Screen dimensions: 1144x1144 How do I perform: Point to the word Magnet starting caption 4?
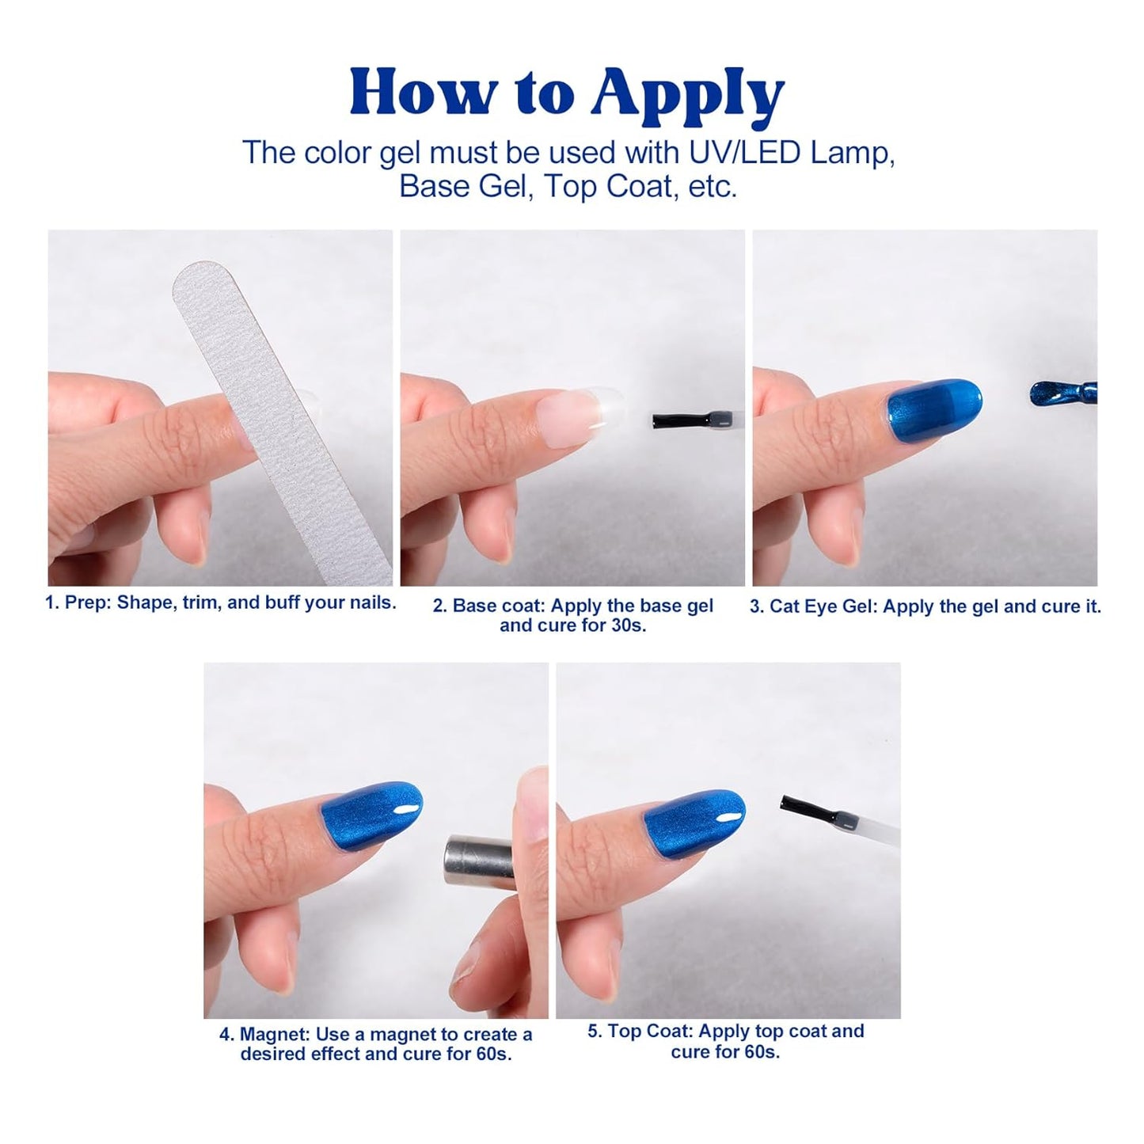tap(274, 1035)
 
